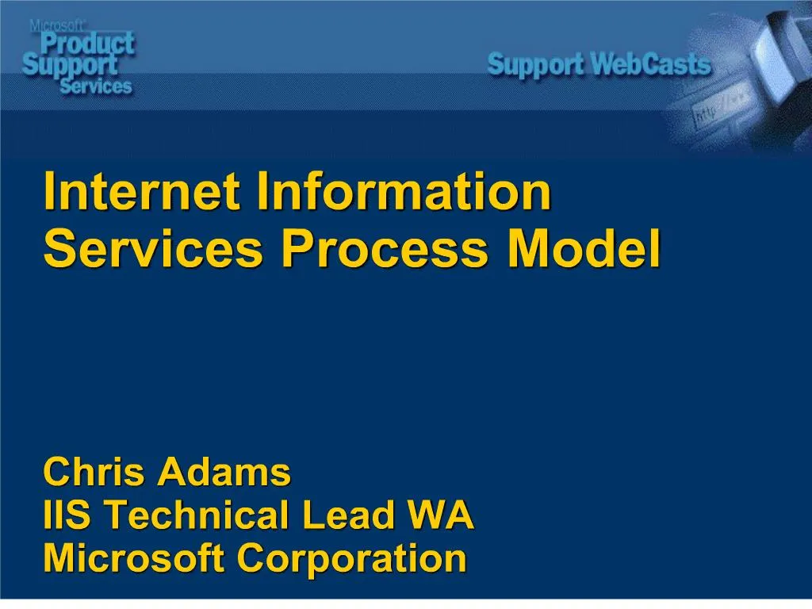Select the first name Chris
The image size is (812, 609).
[95, 473]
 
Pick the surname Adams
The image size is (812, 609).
[224, 473]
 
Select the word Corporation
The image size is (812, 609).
[351, 558]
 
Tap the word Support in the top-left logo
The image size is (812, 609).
[70, 65]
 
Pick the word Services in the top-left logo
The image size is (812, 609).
[95, 86]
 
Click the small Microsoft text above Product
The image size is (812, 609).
[57, 25]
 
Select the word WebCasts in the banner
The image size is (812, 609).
[652, 64]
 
